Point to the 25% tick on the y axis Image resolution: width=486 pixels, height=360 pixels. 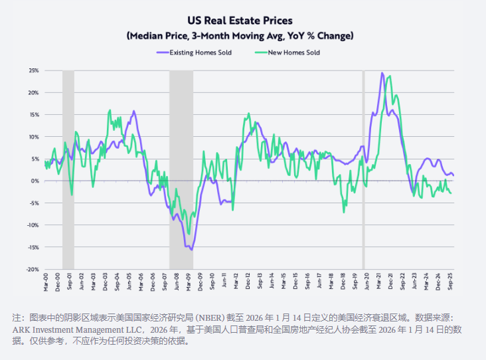[x=33, y=70]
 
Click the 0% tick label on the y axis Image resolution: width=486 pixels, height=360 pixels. [x=35, y=181]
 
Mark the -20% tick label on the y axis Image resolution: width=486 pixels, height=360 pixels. [x=32, y=269]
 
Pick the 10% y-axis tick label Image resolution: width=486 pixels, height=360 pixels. [x=33, y=137]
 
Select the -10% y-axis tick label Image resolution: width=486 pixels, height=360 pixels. [x=32, y=225]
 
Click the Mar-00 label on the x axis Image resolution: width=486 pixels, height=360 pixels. [x=44, y=281]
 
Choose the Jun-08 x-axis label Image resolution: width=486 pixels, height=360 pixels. [x=176, y=281]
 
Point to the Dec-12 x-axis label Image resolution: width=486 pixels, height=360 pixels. [x=247, y=281]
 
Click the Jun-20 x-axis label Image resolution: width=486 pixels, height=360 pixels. [x=366, y=281]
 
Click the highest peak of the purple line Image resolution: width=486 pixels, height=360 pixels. [x=382, y=73]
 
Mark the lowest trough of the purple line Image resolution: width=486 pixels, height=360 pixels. [x=191, y=250]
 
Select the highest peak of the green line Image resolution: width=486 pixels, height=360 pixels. [x=389, y=76]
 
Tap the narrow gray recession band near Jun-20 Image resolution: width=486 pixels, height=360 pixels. [x=363, y=166]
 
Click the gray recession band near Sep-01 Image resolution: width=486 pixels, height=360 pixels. [x=68, y=166]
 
